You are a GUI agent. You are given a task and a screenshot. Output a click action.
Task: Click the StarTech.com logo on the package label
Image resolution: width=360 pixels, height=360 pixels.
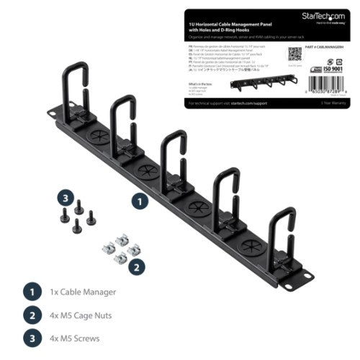click(x=330, y=15)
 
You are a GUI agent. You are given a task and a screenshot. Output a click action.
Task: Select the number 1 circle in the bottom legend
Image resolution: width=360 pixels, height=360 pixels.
click(x=30, y=293)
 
